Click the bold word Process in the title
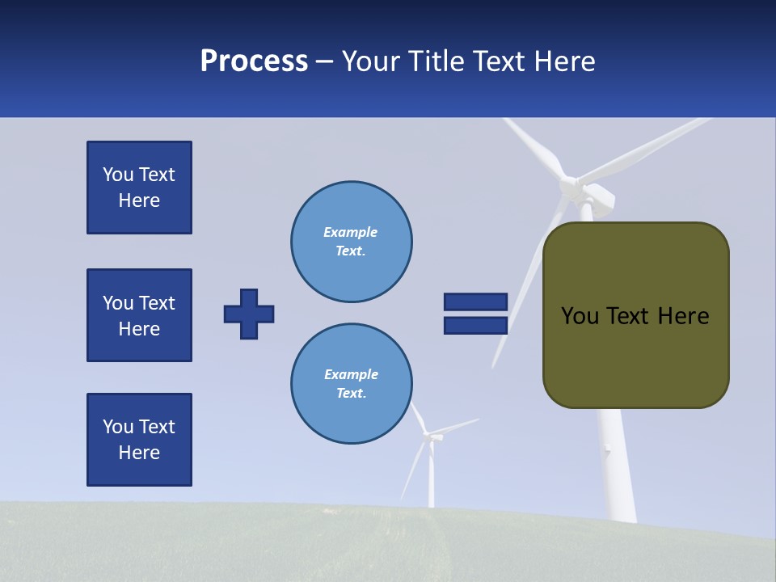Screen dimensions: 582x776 point(254,61)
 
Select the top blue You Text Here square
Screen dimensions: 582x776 point(139,188)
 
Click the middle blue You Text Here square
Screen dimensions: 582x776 point(139,315)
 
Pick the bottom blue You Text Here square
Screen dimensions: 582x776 point(139,440)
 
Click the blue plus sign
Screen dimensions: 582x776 point(249,314)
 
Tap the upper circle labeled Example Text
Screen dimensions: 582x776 point(351,242)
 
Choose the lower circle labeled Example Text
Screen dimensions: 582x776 point(351,384)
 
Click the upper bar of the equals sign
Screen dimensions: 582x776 point(475,302)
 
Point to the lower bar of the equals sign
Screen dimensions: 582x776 point(475,326)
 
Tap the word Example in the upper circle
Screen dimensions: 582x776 point(351,232)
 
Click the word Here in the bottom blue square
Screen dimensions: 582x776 point(139,453)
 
